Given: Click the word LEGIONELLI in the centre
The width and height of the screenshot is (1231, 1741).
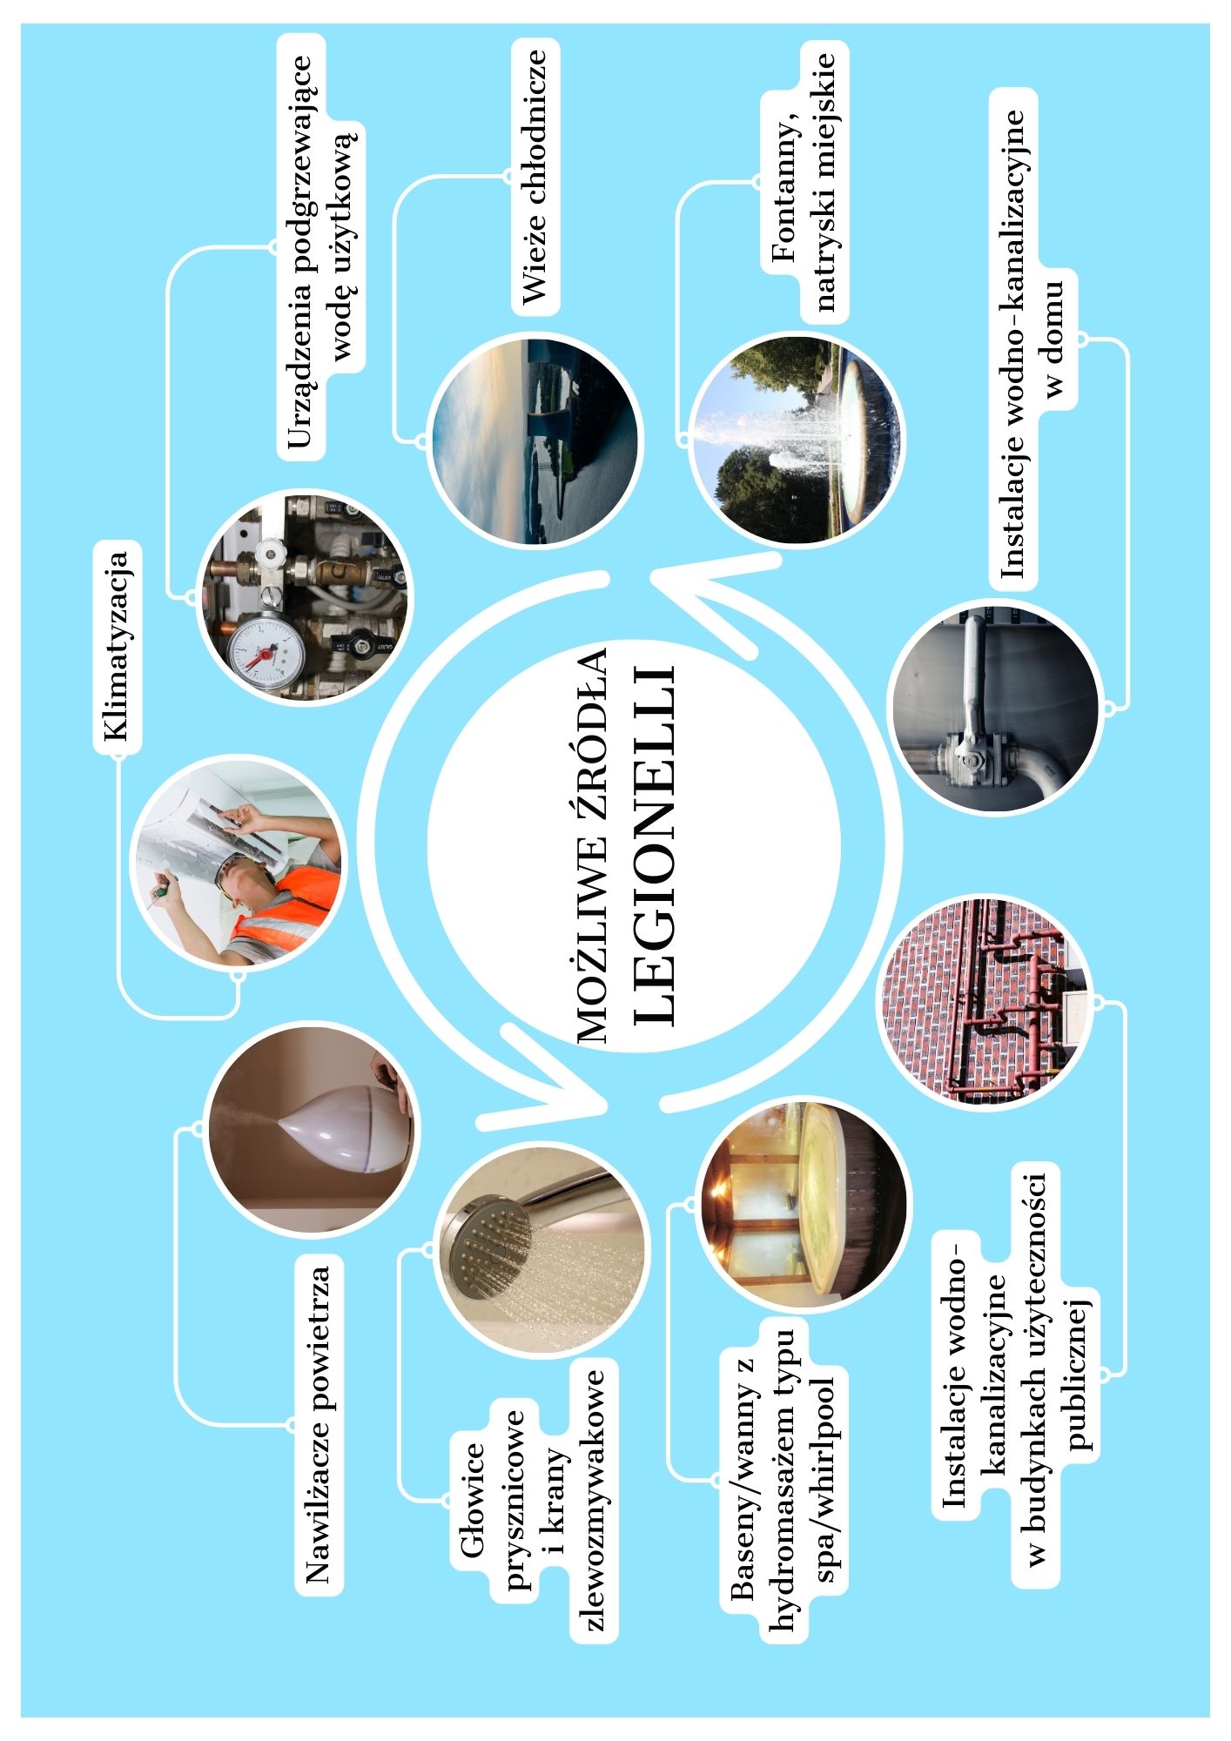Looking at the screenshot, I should coord(655,844).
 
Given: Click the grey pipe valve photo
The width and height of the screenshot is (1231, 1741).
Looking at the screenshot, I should coord(993,709).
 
